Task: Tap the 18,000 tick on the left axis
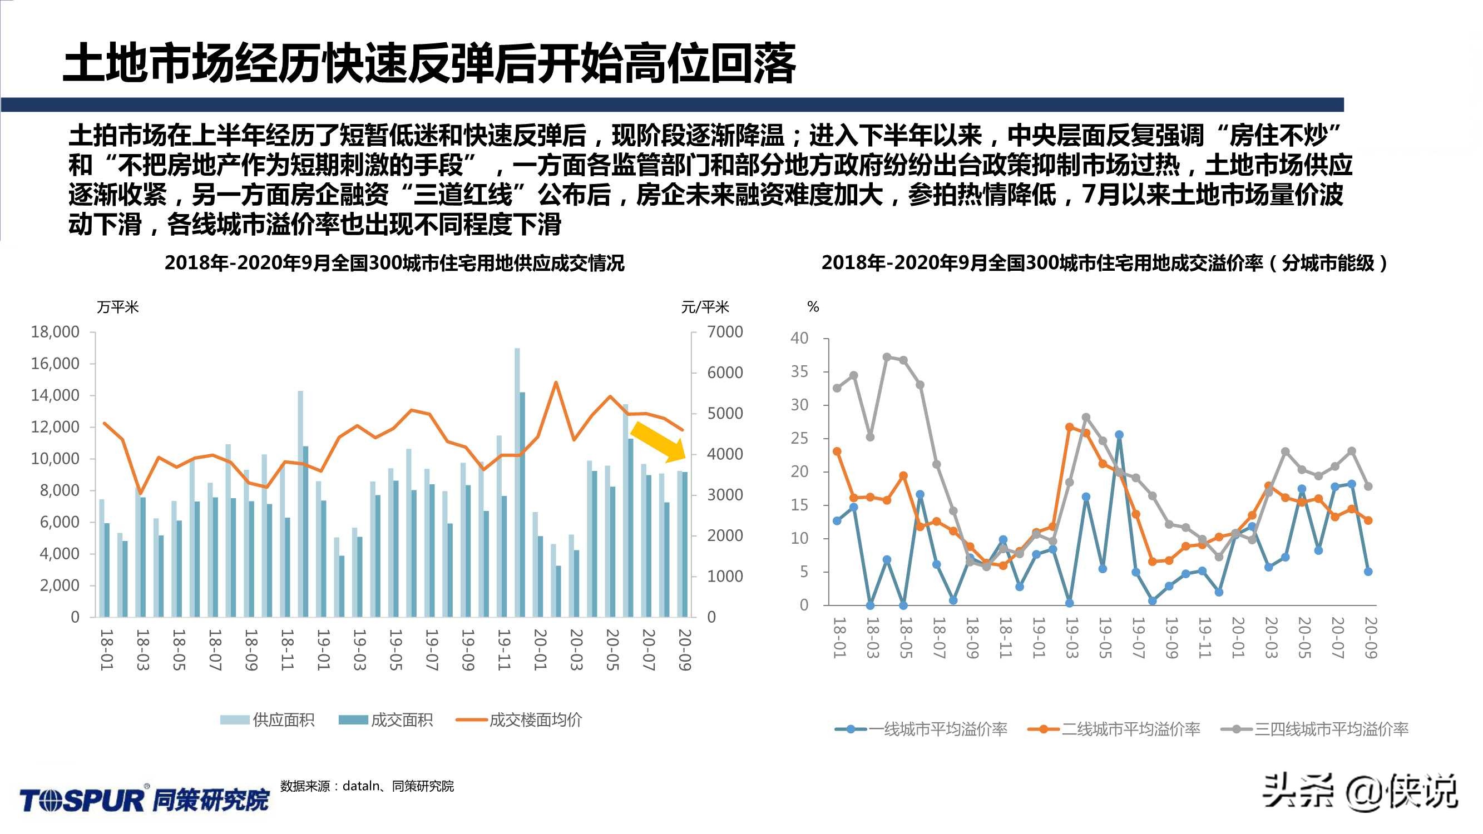click(x=55, y=332)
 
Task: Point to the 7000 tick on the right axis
click(x=725, y=332)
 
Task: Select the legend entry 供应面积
click(x=268, y=720)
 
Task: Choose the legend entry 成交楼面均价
click(x=520, y=720)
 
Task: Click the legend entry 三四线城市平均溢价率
click(x=1315, y=729)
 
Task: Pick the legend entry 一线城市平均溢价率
click(x=922, y=729)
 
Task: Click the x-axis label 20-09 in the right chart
click(x=1371, y=638)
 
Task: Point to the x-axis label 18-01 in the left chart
click(x=106, y=650)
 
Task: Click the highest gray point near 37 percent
click(x=887, y=357)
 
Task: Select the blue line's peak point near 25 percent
click(x=1119, y=435)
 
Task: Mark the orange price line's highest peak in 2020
click(x=556, y=382)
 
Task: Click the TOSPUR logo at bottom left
click(x=145, y=800)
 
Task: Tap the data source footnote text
click(x=367, y=786)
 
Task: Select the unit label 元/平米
click(x=705, y=307)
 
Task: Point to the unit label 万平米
click(x=118, y=307)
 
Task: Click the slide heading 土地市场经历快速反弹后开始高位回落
click(x=429, y=63)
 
